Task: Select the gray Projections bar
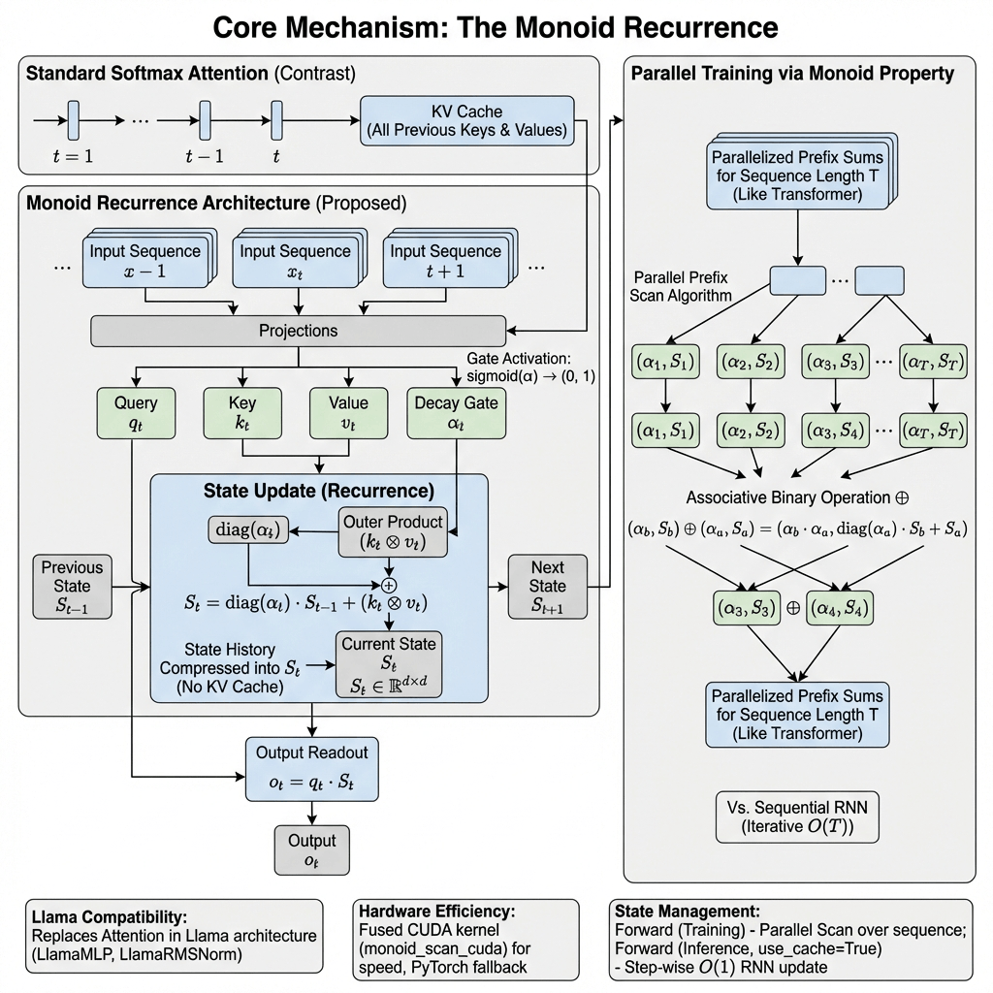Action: [x=298, y=331]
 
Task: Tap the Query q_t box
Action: [x=136, y=413]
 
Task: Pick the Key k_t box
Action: [x=241, y=413]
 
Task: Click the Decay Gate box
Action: [x=456, y=413]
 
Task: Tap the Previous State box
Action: [x=72, y=587]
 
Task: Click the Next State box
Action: [x=547, y=587]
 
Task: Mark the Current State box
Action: [x=388, y=664]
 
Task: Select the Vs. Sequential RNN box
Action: [x=797, y=817]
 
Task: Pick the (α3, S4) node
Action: [x=834, y=427]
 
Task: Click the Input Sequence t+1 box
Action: [x=445, y=260]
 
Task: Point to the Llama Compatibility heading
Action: [x=108, y=916]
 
